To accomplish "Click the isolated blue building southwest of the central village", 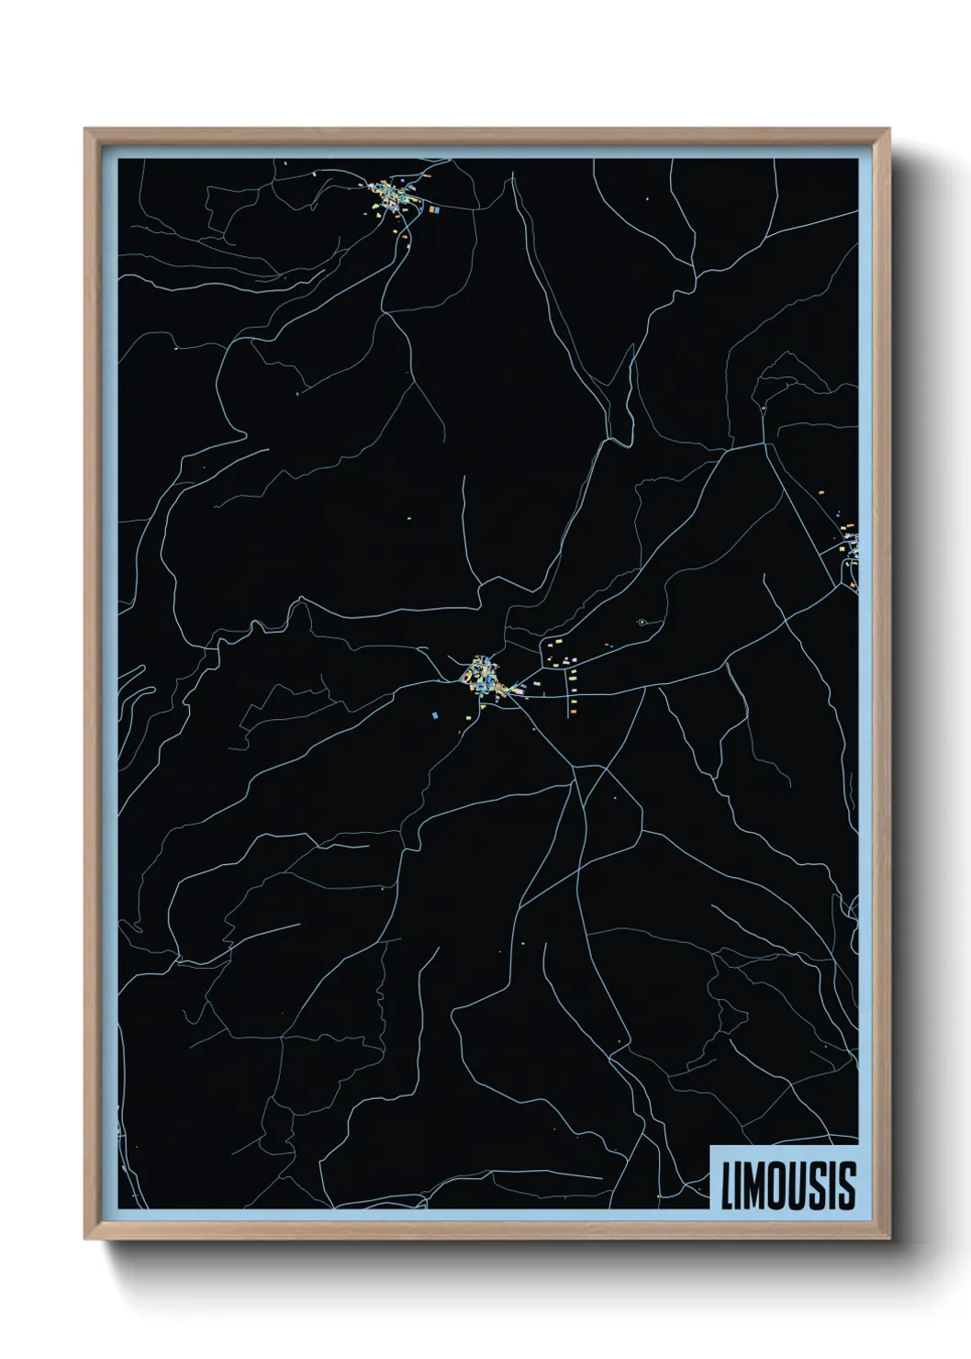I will pos(435,713).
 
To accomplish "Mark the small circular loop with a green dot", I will pos(642,623).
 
